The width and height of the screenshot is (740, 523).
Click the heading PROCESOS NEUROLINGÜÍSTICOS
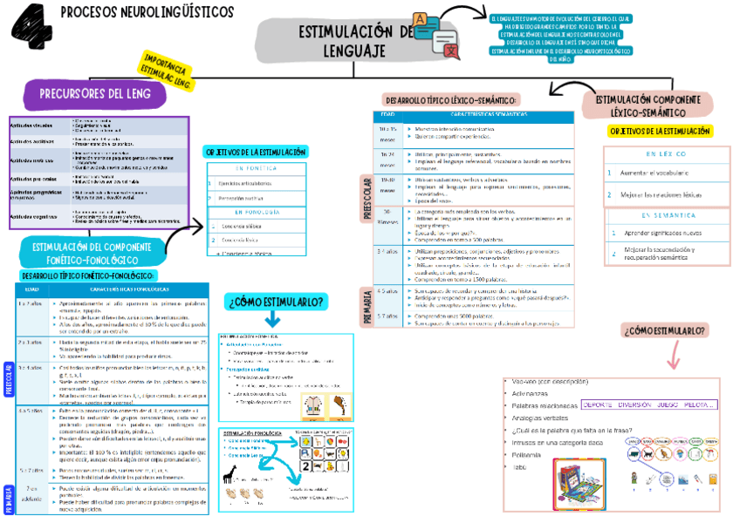coord(147,12)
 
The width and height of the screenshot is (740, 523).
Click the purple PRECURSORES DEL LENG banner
coord(90,92)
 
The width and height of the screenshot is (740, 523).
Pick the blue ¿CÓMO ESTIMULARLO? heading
coord(277,302)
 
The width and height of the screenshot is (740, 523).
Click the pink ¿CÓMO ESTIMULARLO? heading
coord(664,330)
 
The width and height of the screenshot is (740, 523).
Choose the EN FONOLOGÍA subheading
coord(257,212)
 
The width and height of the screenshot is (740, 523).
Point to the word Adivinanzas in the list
coord(532,393)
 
